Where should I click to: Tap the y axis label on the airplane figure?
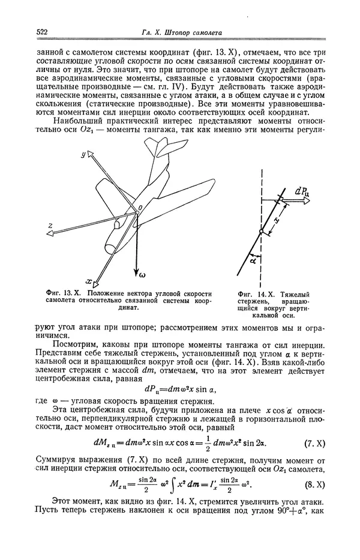(85, 155)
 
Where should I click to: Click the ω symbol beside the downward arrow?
(143, 277)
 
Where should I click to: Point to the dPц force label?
(302, 192)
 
